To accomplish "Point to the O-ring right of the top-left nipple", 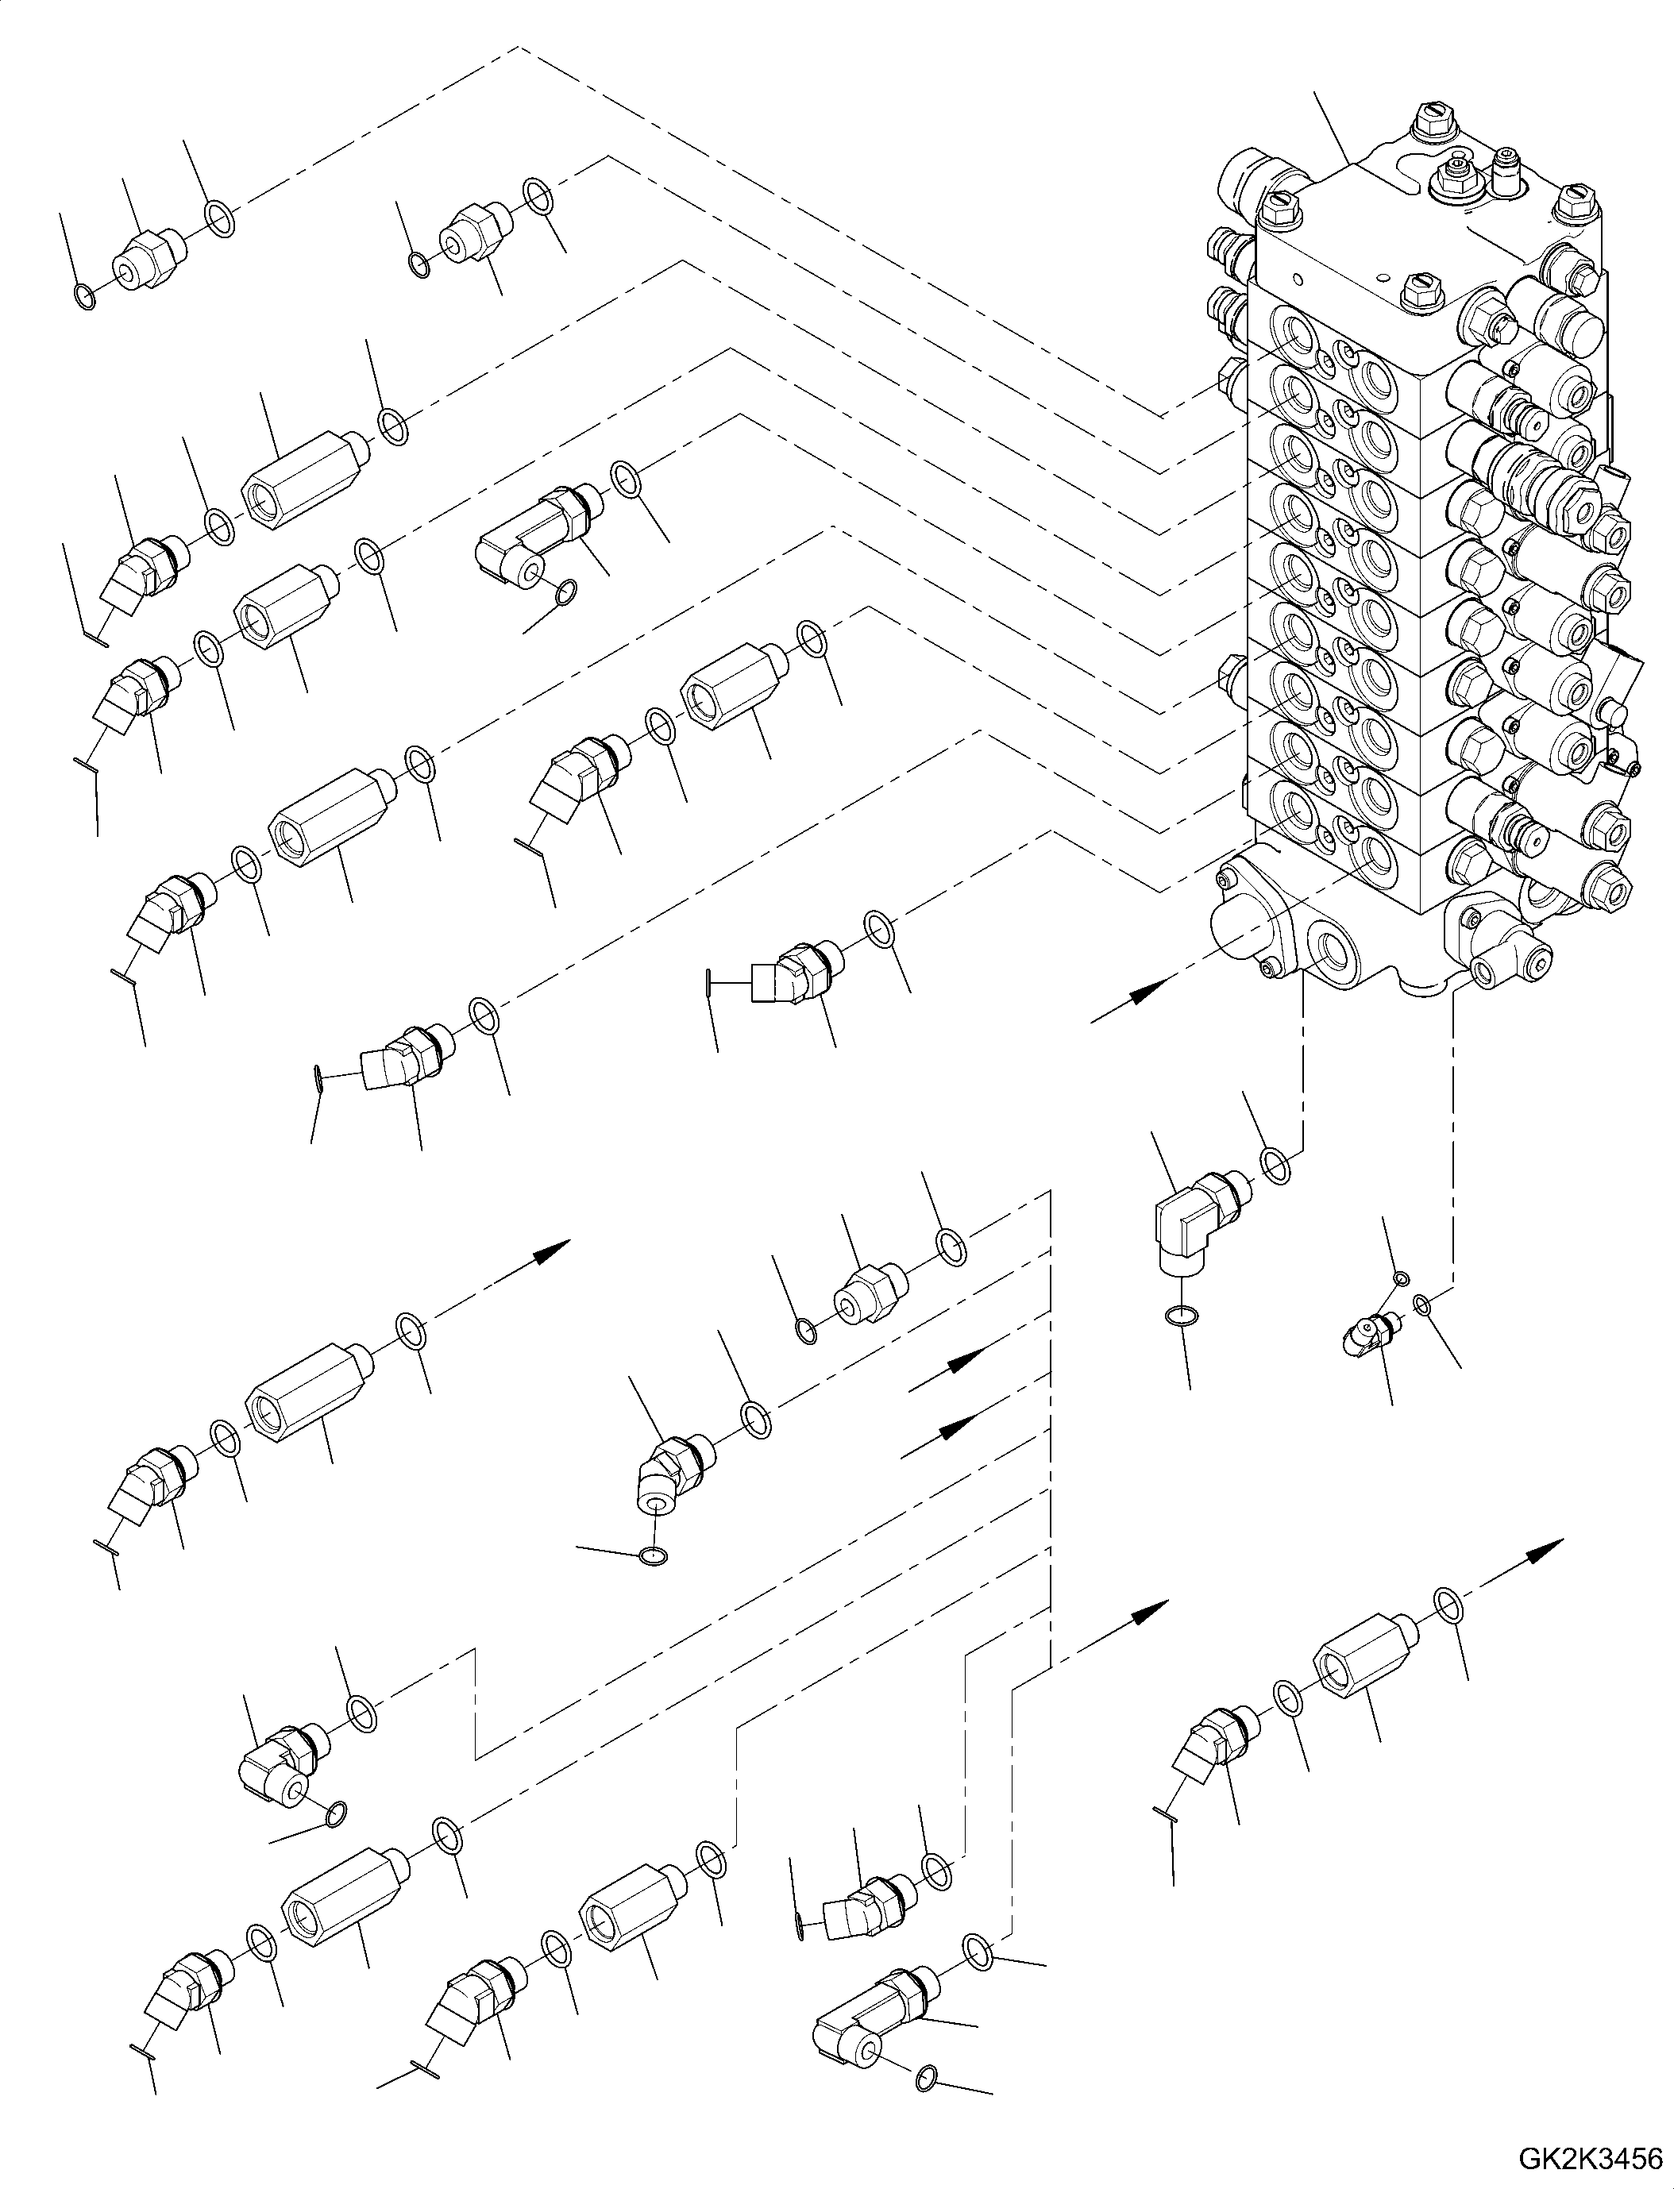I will (220, 218).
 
